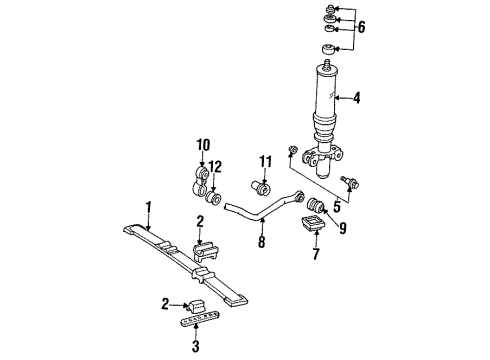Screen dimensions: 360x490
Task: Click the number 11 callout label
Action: tap(266, 161)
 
